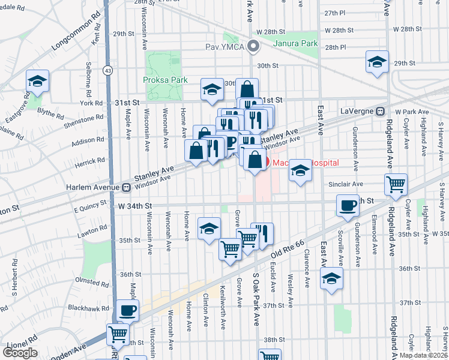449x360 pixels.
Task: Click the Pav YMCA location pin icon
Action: pos(253,46)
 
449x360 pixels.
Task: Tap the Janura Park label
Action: pos(295,43)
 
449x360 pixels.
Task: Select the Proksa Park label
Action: pos(165,80)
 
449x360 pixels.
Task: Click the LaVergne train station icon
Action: pos(380,112)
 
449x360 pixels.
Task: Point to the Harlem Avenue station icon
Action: pos(126,187)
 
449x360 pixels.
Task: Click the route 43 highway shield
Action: pos(107,70)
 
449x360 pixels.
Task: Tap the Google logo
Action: pos(20,353)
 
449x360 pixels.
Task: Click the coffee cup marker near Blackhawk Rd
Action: pos(128,310)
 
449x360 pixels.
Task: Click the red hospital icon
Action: pos(268,162)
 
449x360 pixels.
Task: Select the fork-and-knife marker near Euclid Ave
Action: pos(262,233)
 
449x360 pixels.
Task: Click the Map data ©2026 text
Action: pos(423,355)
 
